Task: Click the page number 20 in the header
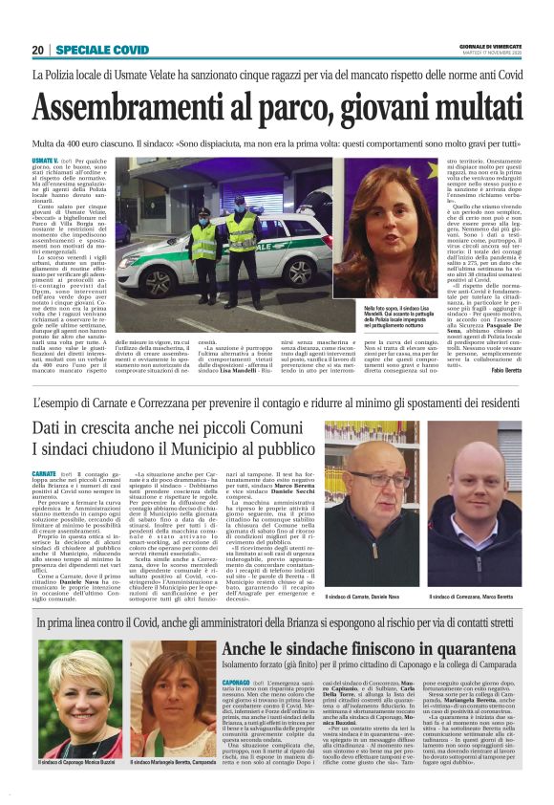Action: pyautogui.click(x=38, y=50)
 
